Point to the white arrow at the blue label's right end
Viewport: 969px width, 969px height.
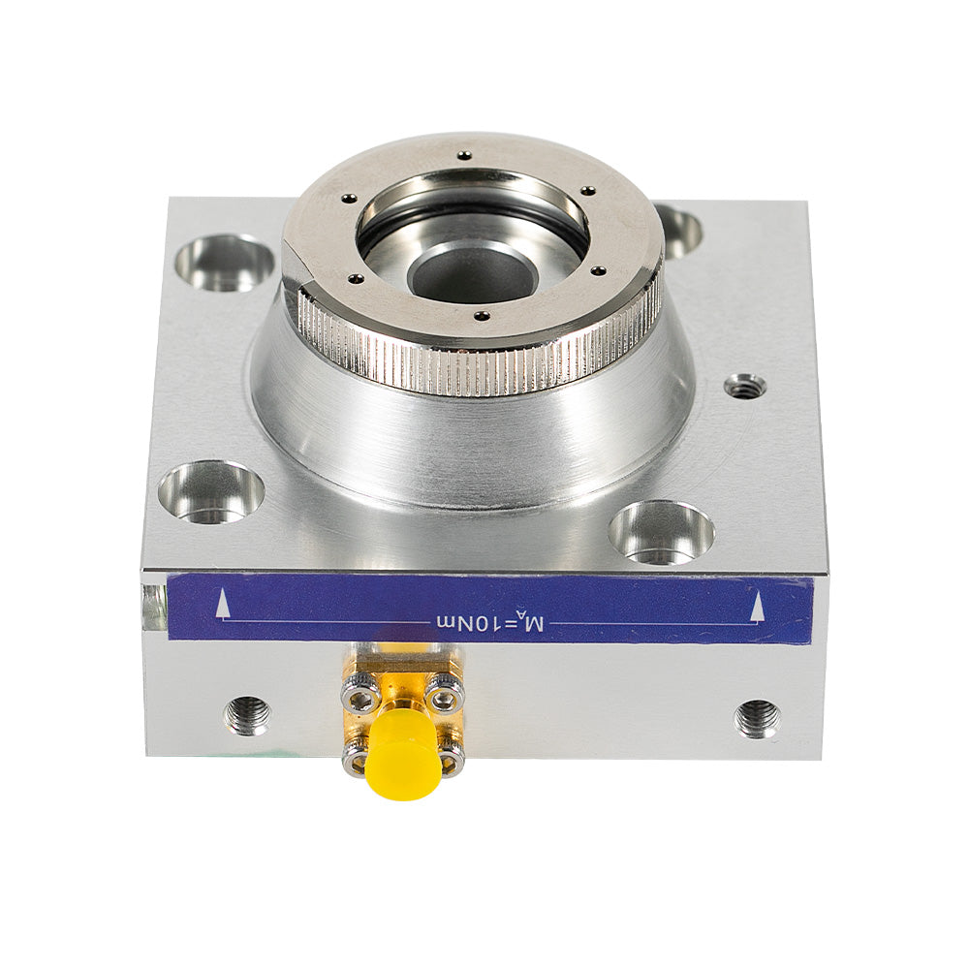(x=758, y=608)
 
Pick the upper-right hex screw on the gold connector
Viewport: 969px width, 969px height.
(x=445, y=692)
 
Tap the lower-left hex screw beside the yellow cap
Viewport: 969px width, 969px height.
(x=356, y=761)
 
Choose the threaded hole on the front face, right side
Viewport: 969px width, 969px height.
(x=757, y=718)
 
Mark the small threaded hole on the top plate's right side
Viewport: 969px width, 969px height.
(x=745, y=387)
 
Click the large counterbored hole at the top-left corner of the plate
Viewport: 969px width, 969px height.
(x=225, y=263)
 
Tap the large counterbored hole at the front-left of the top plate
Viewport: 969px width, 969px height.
(x=211, y=491)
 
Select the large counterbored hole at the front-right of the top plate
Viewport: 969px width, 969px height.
(x=662, y=532)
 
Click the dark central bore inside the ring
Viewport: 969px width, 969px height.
(x=473, y=272)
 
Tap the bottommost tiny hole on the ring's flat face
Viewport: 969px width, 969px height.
(x=480, y=315)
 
